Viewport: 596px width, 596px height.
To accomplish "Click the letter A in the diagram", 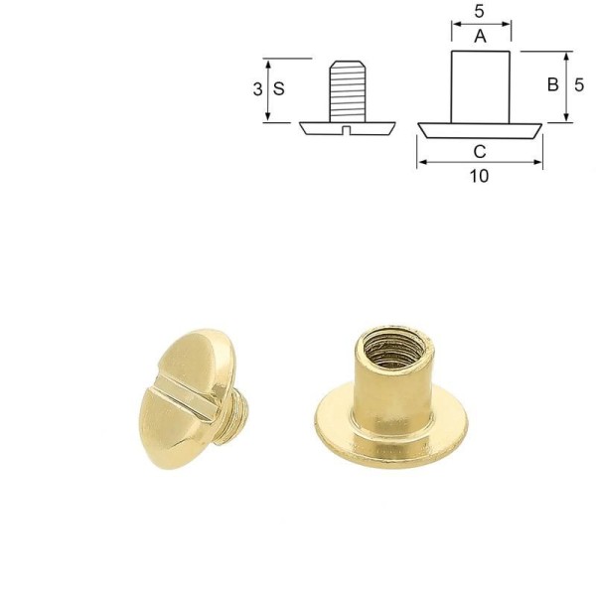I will tap(481, 37).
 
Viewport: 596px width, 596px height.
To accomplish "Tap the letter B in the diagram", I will tap(551, 86).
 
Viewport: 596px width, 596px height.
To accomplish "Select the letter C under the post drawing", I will tap(480, 151).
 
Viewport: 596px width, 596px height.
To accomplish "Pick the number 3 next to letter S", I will tap(257, 88).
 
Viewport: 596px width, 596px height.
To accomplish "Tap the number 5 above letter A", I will tap(480, 12).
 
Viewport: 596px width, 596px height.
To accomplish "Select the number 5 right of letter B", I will tap(579, 86).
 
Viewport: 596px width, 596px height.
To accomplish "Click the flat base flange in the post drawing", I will tap(481, 130).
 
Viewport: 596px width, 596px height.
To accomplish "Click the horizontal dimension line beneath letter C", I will tap(480, 163).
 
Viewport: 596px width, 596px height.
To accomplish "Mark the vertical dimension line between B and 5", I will tap(565, 86).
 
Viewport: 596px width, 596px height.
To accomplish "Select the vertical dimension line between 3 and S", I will tap(268, 89).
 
